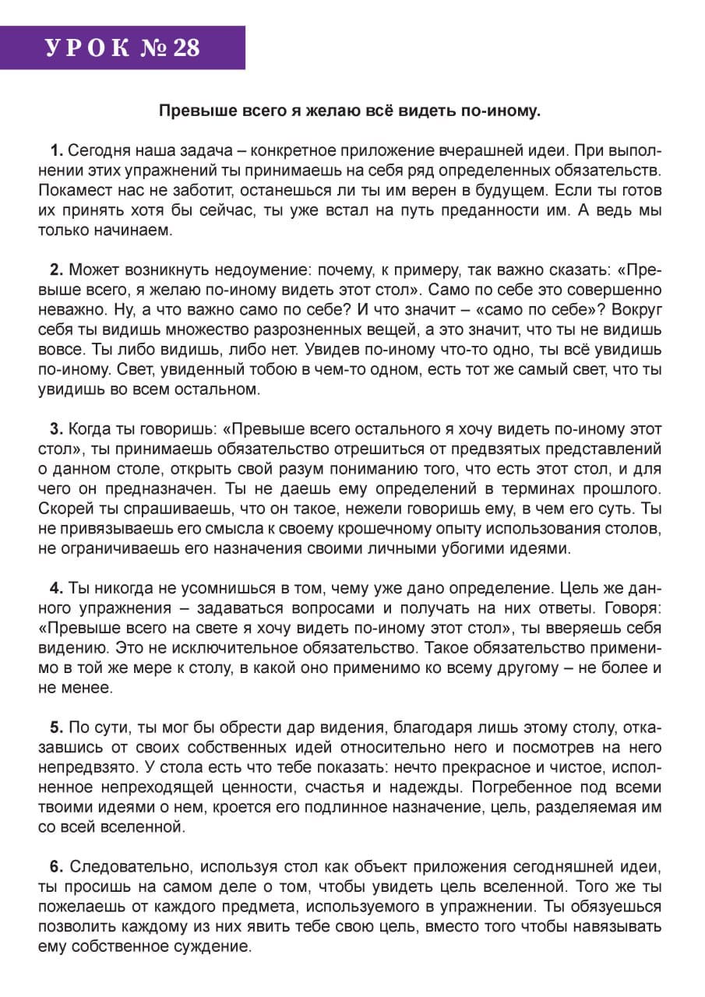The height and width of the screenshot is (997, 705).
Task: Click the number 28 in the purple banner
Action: (186, 48)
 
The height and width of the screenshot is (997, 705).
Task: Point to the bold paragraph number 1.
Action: (55, 150)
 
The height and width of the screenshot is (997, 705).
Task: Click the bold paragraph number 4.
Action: (55, 587)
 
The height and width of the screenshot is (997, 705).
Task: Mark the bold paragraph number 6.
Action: (55, 867)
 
